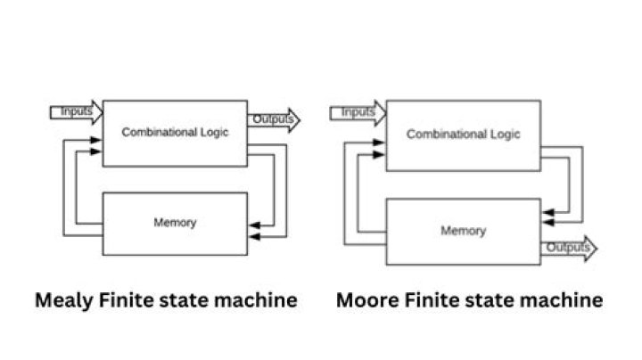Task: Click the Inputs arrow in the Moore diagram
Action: coord(358,112)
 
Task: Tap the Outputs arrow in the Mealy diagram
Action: coord(274,119)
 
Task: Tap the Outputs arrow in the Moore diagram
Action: coord(568,247)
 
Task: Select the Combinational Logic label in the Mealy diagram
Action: coord(175,133)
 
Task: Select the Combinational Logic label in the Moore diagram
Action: coord(463,135)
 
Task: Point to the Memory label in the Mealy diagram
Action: coord(175,222)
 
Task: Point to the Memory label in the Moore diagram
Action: coord(463,231)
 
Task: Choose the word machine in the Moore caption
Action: coord(562,300)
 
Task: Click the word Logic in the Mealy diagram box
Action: coord(214,133)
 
